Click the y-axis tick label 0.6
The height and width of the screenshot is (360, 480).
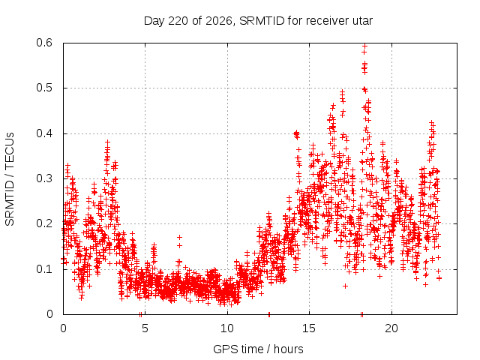pos(44,43)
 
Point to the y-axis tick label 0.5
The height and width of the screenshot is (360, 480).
pos(44,88)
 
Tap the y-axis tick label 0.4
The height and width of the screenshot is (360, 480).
pos(44,133)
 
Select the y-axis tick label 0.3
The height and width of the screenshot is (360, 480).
pos(44,178)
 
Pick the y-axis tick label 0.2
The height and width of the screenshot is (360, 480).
pos(44,223)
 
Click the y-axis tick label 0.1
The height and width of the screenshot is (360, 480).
pos(44,269)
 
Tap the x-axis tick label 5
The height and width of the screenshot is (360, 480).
pos(145,328)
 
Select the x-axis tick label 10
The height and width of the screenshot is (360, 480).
pos(227,328)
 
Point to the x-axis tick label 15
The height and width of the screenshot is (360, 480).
pos(309,328)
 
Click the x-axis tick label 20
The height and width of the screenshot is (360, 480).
pos(391,328)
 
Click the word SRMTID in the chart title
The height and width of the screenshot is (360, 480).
pos(262,21)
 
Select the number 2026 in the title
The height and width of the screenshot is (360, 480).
pos(219,21)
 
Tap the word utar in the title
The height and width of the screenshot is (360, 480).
pos(363,21)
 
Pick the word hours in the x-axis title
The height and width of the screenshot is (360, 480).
pos(288,349)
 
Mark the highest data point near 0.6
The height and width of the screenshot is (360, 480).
pos(364,46)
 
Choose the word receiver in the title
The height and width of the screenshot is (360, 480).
pos(328,21)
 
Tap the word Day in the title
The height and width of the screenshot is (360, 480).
pos(154,21)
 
